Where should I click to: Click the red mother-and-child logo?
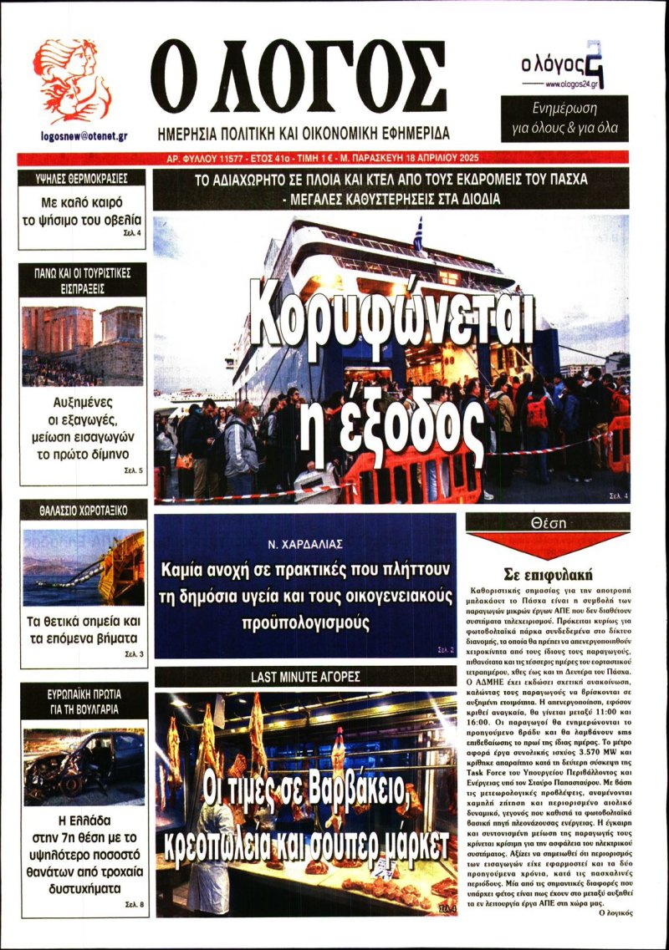pos(71,81)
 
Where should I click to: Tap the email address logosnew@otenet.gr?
pos(83,135)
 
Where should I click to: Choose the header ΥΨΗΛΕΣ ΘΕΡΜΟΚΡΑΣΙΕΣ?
pos(82,178)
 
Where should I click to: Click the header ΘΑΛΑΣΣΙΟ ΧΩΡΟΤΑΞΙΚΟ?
pos(82,510)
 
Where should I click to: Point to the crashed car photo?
pos(83,766)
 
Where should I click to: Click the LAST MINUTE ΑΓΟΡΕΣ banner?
pos(304,676)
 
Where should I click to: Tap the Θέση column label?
pos(548,522)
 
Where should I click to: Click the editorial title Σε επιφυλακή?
pos(548,575)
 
